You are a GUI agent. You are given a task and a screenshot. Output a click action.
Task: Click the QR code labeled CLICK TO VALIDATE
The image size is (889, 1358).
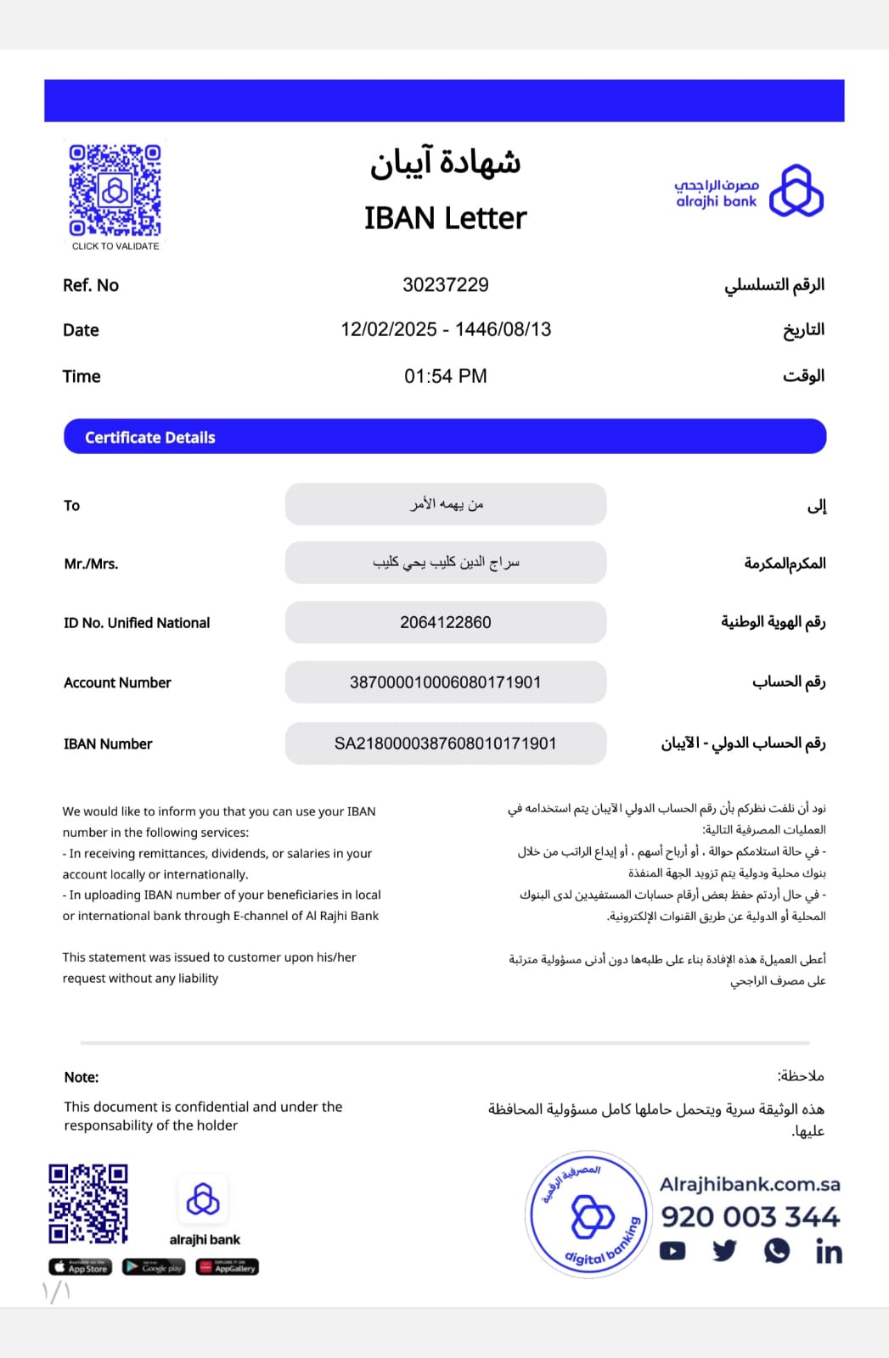pyautogui.click(x=115, y=190)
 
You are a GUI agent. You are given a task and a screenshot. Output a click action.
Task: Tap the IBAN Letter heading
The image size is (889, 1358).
pyautogui.click(x=445, y=218)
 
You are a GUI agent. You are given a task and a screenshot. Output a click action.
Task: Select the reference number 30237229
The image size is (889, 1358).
pyautogui.click(x=445, y=285)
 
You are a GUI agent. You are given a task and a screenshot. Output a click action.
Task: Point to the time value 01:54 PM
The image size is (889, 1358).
pyautogui.click(x=445, y=376)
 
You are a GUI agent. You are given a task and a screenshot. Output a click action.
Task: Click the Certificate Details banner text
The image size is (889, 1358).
pyautogui.click(x=150, y=437)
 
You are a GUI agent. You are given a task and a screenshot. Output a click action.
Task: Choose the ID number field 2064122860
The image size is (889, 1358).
pyautogui.click(x=445, y=622)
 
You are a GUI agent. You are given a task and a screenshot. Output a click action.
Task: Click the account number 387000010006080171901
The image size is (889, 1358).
pyautogui.click(x=445, y=682)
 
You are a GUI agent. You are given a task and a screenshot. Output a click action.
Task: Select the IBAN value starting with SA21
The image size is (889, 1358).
pyautogui.click(x=445, y=744)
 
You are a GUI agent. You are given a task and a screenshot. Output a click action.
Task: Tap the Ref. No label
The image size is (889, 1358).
pyautogui.click(x=91, y=285)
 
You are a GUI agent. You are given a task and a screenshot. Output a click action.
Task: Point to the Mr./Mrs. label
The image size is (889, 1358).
pyautogui.click(x=91, y=564)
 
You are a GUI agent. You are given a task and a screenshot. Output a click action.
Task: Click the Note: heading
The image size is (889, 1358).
pyautogui.click(x=82, y=1077)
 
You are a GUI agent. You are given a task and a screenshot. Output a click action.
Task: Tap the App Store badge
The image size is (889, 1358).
pyautogui.click(x=81, y=1267)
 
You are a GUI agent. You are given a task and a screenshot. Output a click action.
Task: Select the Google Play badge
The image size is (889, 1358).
pyautogui.click(x=154, y=1267)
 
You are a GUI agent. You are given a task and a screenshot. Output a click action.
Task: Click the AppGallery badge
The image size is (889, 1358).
pyautogui.click(x=228, y=1267)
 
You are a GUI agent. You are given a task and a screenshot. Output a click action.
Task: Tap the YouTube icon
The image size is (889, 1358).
pyautogui.click(x=672, y=1251)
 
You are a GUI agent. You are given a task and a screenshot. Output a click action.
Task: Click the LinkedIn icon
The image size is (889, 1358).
pyautogui.click(x=829, y=1251)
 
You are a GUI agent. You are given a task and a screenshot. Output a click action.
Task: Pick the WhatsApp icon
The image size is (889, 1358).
pyautogui.click(x=776, y=1251)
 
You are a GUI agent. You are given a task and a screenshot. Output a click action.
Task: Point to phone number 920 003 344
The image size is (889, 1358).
pyautogui.click(x=750, y=1216)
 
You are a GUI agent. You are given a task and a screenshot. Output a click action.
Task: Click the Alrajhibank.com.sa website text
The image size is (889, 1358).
pyautogui.click(x=750, y=1184)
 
